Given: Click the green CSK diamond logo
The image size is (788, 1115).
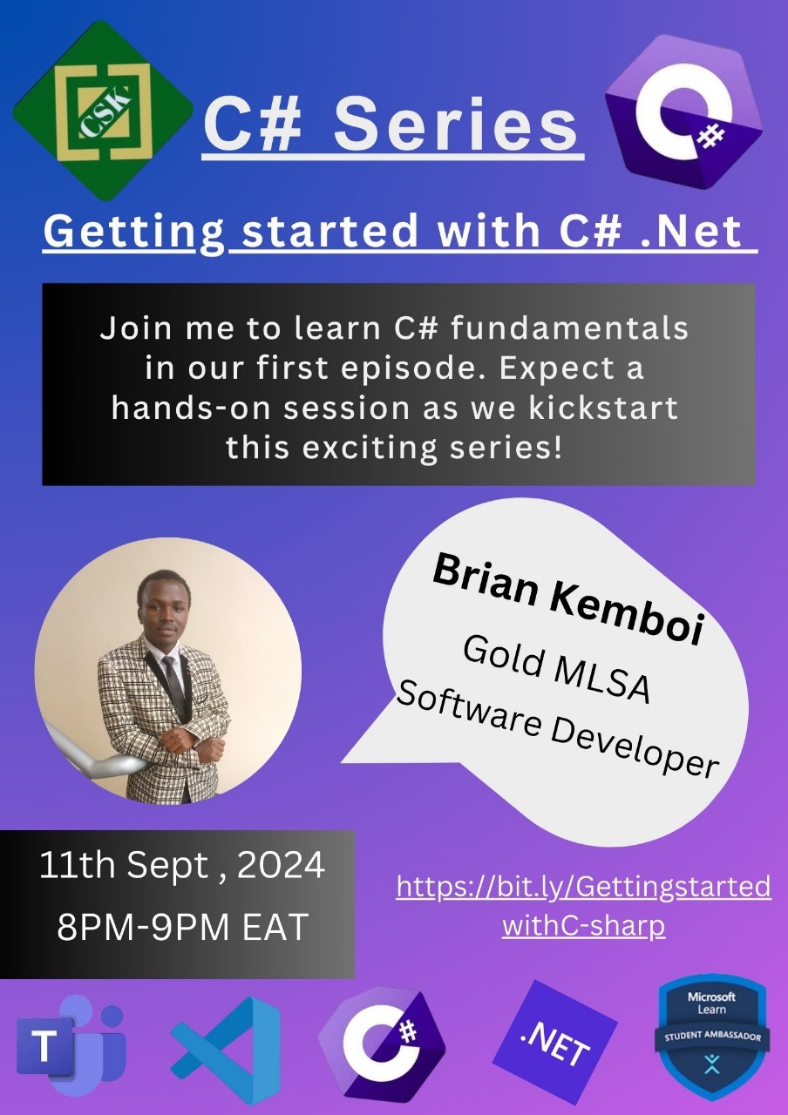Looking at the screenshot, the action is (103, 111).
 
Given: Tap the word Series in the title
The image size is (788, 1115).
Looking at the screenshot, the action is (455, 125).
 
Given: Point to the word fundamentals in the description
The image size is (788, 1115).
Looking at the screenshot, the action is (569, 328).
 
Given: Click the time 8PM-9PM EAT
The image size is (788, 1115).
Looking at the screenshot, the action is (182, 926).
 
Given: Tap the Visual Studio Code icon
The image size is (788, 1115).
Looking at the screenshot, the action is (225, 1050).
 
